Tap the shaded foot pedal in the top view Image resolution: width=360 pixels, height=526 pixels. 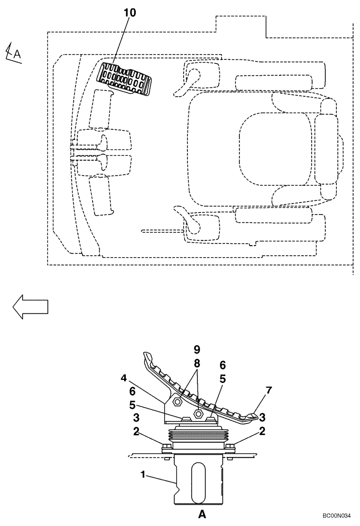(126, 80)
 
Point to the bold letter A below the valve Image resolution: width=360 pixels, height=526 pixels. (202, 515)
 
